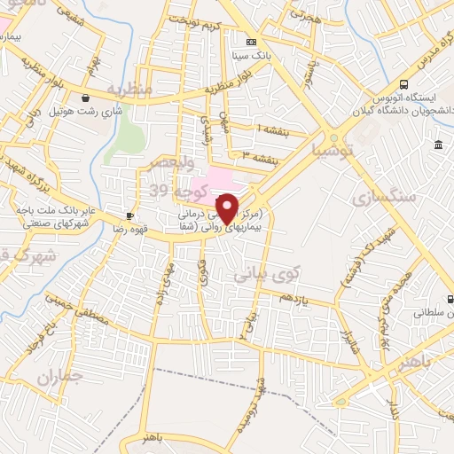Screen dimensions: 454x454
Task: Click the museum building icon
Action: click(x=438, y=145)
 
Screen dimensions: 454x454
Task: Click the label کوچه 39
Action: click(x=171, y=189)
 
